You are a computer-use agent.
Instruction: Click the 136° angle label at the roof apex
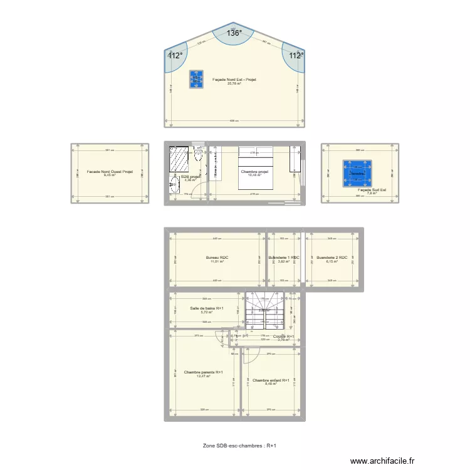[x=234, y=34]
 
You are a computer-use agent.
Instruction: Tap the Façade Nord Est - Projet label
[x=234, y=80]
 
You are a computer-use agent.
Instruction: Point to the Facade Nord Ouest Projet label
[x=110, y=171]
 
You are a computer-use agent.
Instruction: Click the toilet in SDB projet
[x=198, y=156]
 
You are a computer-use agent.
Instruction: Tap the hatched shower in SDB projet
[x=179, y=159]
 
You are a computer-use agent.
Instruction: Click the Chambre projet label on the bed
[x=254, y=170]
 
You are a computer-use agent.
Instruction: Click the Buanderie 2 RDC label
[x=331, y=258]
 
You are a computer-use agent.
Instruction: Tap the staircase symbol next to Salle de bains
[x=264, y=310]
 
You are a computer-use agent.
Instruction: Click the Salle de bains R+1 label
[x=207, y=308]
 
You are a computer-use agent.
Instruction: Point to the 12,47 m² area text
[x=204, y=376]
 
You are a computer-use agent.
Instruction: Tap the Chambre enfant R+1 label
[x=271, y=380]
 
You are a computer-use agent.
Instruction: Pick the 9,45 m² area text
[x=110, y=175]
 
